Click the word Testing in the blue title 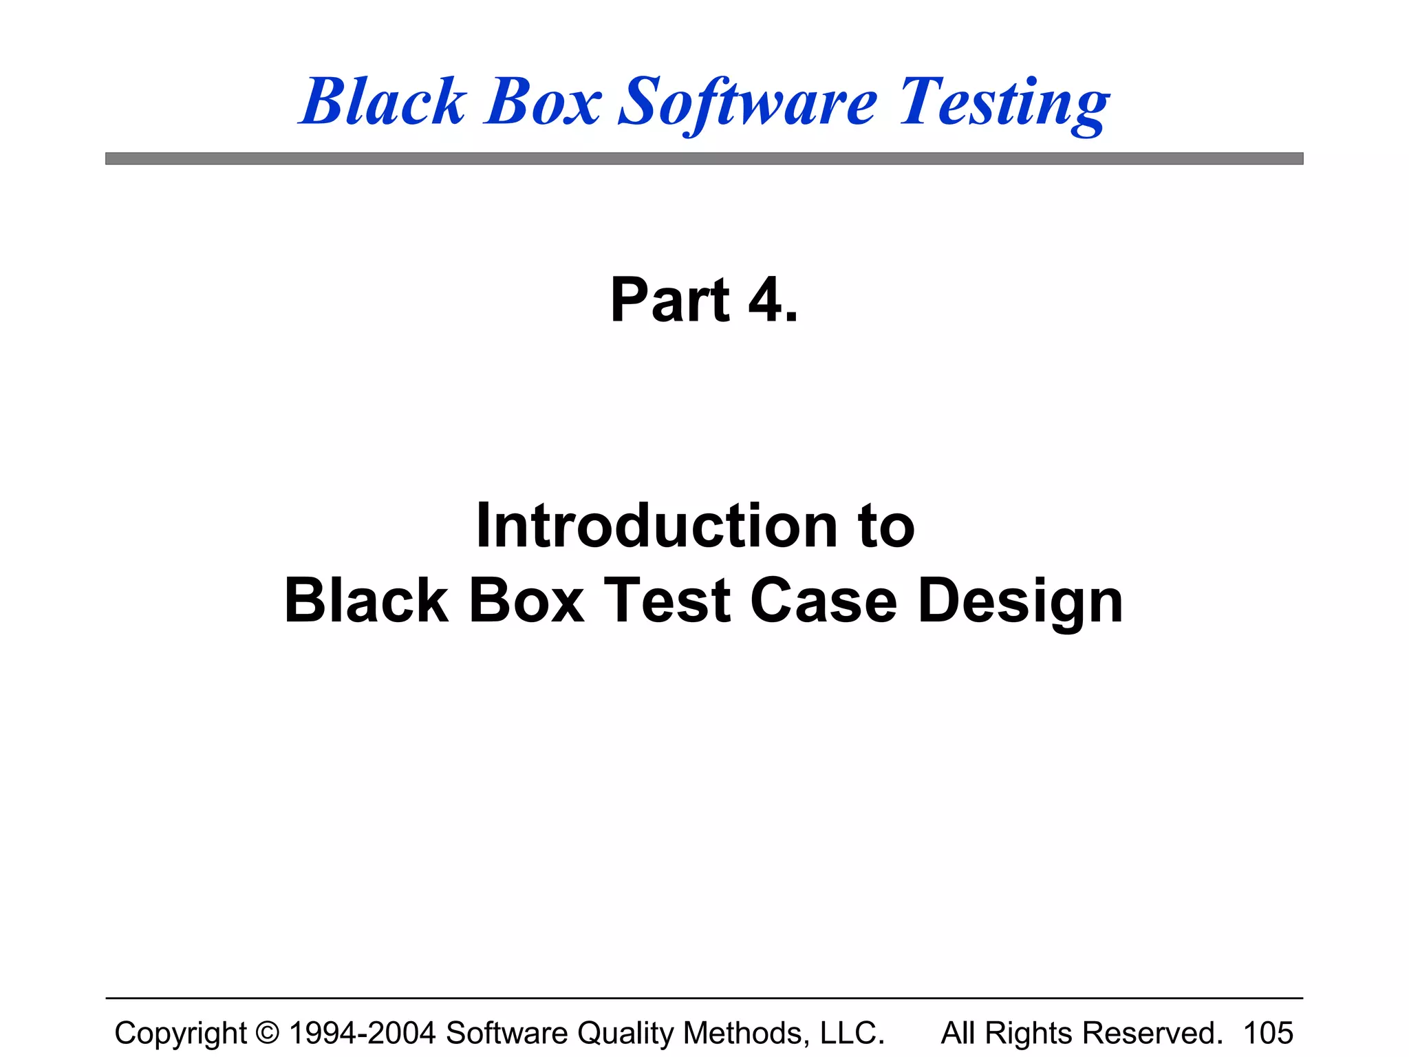click(x=1004, y=103)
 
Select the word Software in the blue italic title click(x=748, y=103)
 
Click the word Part click(x=669, y=300)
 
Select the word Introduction click(x=657, y=526)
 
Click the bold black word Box click(x=526, y=601)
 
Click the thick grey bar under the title click(x=704, y=159)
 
